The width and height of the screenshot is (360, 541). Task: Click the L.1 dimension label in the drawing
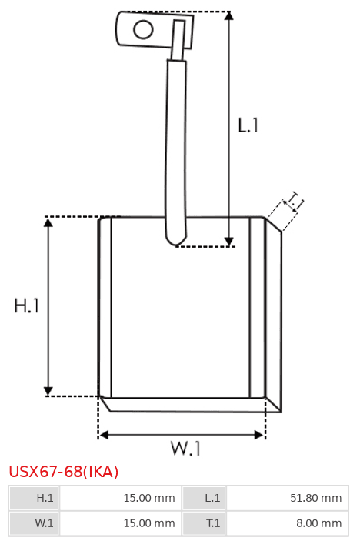coord(248,125)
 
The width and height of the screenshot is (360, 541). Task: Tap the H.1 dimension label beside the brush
coord(27,306)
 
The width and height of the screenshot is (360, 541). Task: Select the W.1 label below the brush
coord(185,449)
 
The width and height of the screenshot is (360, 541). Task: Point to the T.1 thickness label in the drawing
coord(295,202)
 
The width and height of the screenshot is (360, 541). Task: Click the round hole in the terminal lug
coord(143,29)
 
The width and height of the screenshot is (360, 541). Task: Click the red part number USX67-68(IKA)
coord(63,471)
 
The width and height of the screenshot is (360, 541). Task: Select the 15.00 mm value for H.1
coord(149,498)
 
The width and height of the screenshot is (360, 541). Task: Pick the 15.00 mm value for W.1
coord(149,523)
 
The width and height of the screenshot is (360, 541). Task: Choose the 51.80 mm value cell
coord(288,498)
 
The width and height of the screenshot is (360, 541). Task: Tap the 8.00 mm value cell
coord(288,523)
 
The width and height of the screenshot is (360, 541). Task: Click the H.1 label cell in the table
coord(34,498)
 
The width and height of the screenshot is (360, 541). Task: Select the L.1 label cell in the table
coord(204,498)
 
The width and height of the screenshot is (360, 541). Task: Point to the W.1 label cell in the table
coord(34,523)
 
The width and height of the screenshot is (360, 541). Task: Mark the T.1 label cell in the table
coord(204,523)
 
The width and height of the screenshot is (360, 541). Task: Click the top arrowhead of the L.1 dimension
coord(229,15)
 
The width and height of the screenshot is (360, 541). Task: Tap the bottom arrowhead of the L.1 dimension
coord(229,242)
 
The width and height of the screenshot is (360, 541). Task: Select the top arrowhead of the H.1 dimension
coord(48,222)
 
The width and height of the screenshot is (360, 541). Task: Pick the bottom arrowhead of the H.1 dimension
coord(48,391)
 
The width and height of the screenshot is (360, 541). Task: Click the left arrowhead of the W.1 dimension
coord(104,435)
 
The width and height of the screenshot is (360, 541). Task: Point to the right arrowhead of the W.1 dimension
coord(259,435)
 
